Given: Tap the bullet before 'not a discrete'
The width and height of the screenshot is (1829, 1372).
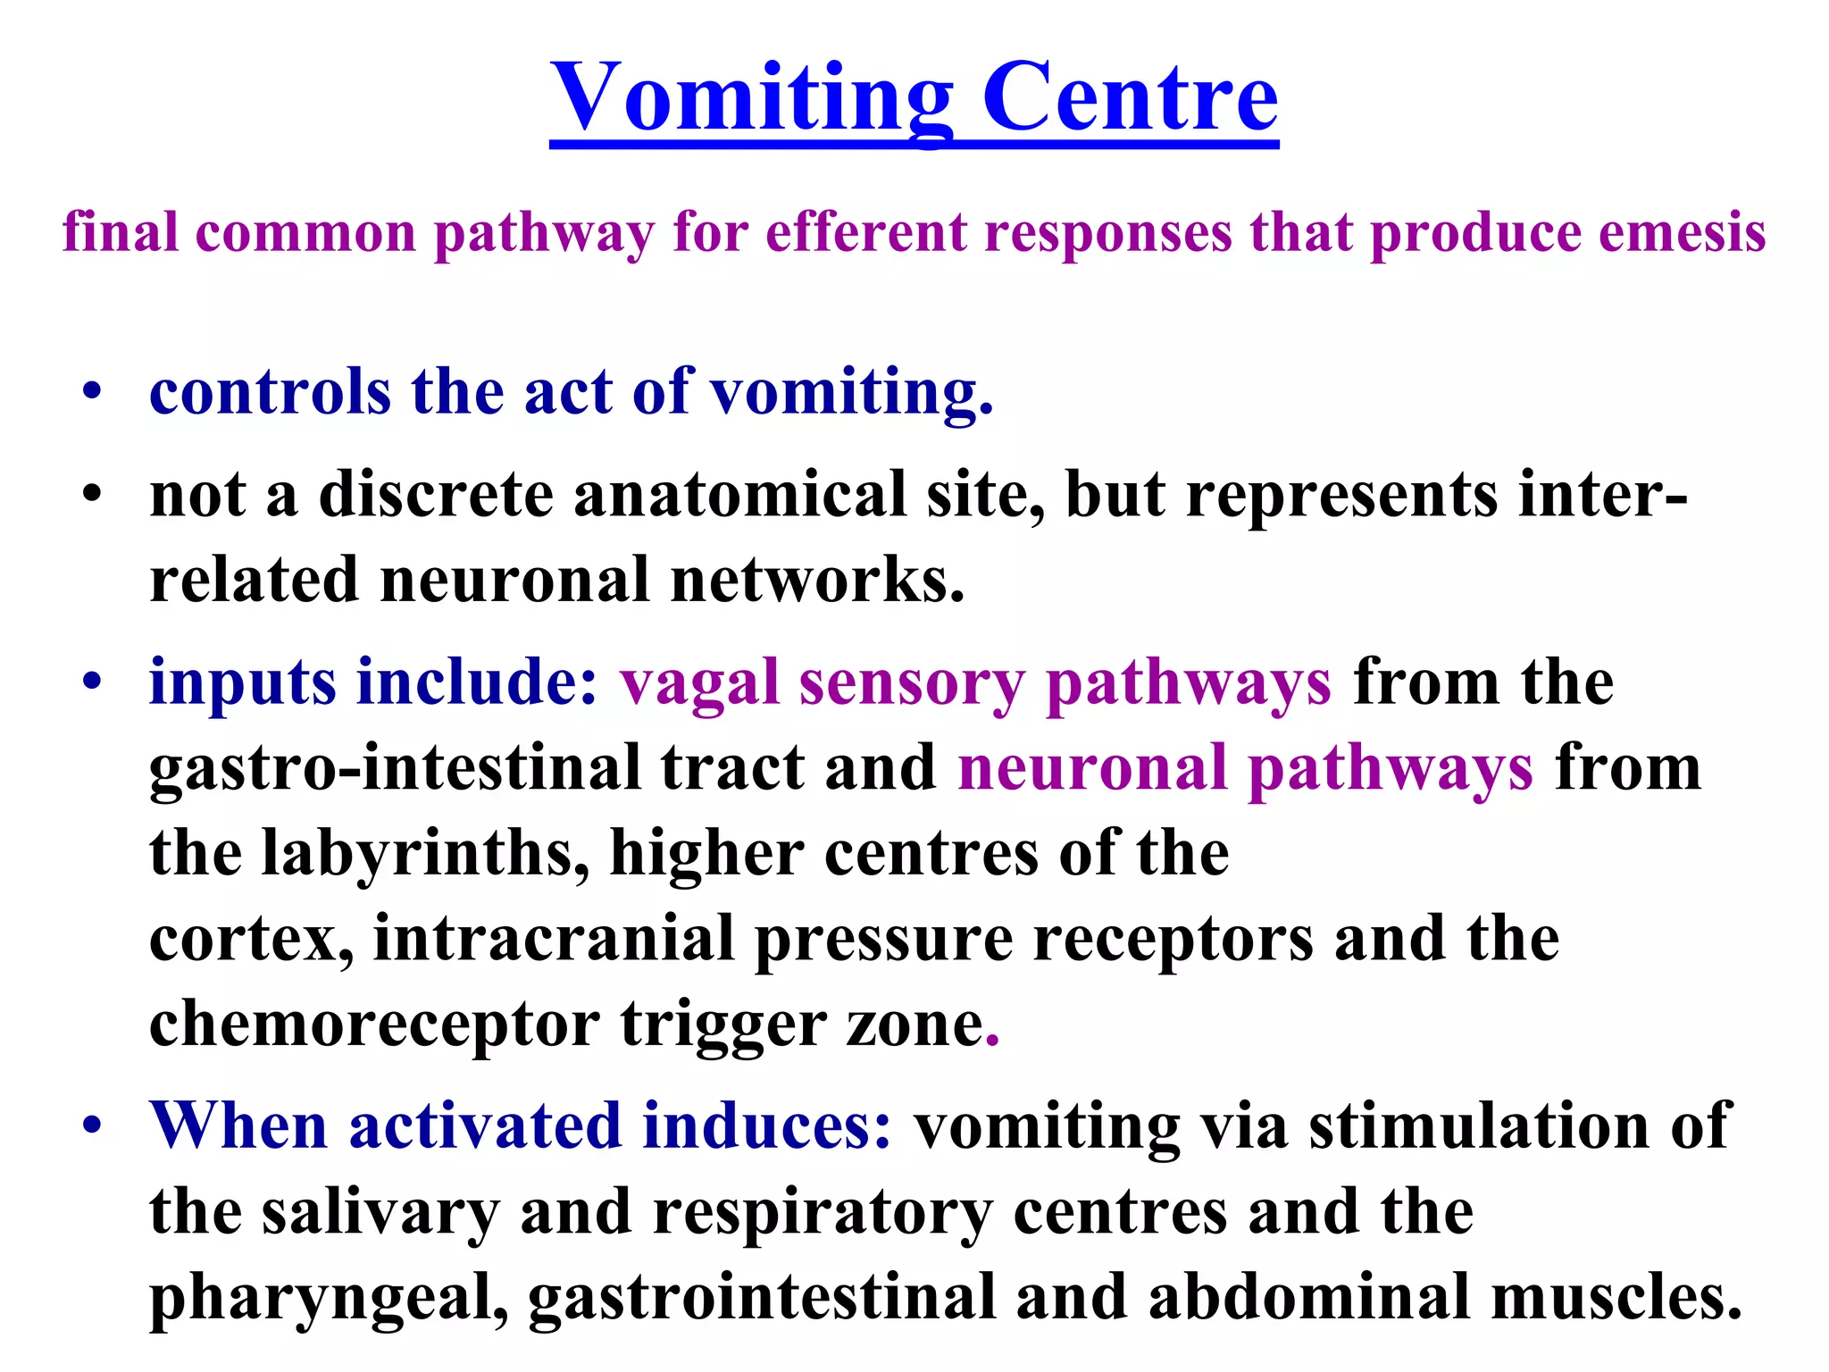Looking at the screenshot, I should point(92,494).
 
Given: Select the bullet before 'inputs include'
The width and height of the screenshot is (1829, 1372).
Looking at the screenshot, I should point(92,682).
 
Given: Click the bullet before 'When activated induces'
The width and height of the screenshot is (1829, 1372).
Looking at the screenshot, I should point(92,1125).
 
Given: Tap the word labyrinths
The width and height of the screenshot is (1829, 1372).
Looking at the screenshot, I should point(425,853).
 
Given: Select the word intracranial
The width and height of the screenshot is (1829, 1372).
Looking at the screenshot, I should point(554,939).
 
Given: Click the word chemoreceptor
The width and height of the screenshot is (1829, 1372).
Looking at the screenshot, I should point(374,1025).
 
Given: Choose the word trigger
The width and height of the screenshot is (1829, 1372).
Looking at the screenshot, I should point(723,1025).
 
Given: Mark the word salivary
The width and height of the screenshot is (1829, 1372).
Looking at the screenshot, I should point(380,1212).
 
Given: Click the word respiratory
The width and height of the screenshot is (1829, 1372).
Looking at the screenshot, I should point(823,1212).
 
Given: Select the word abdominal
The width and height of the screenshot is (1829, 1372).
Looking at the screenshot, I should point(1309,1298).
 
